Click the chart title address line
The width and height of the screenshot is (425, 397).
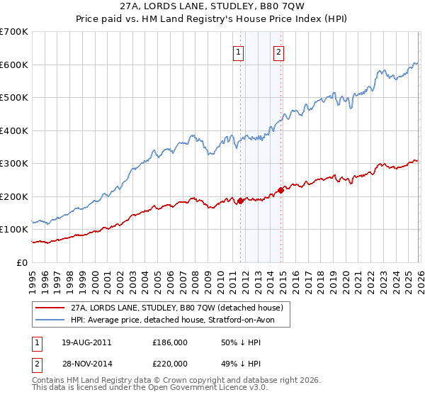pos(212,6)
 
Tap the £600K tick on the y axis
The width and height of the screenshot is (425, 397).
pos(14,65)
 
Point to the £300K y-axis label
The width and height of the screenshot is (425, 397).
pos(14,164)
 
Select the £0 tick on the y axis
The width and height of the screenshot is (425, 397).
pos(23,262)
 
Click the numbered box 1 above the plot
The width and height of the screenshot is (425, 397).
pos(238,52)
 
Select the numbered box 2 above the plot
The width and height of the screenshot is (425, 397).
pos(279,52)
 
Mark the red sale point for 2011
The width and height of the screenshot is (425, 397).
pos(240,201)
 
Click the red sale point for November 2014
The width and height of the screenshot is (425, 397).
pos(281,189)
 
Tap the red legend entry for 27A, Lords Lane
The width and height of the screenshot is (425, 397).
pos(177,308)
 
